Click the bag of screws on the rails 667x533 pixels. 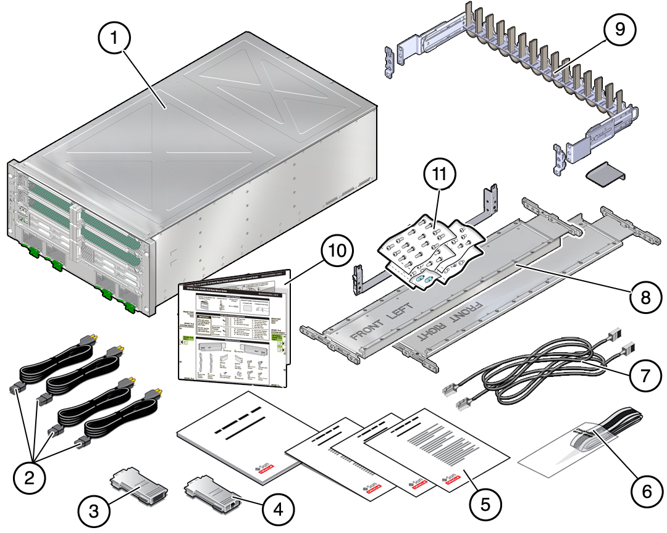pos(426,247)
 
